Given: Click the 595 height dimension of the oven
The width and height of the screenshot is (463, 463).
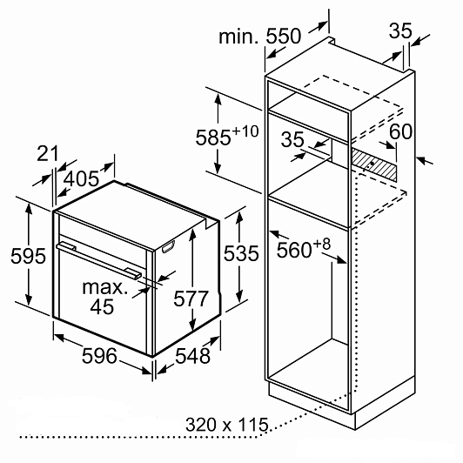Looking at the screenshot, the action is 29,256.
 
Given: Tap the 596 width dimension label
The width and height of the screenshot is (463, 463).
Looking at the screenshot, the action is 99,355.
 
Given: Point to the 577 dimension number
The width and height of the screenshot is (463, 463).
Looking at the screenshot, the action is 191,299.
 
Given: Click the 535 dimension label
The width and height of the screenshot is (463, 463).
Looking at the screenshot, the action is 241,253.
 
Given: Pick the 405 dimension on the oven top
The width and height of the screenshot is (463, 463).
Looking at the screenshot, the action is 81,178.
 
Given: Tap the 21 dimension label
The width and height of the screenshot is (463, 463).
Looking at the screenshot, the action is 47,153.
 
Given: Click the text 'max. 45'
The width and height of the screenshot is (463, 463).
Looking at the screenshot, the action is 104,297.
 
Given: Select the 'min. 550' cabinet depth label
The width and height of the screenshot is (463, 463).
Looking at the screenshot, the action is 260,37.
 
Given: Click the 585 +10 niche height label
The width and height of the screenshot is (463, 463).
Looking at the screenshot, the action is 227,136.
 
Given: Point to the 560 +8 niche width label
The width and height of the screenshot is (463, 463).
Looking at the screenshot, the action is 304,249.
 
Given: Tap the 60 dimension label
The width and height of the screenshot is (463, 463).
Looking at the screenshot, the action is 400,131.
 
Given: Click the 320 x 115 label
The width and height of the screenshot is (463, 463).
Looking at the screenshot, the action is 227,425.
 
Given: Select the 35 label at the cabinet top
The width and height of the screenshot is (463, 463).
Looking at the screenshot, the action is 400,30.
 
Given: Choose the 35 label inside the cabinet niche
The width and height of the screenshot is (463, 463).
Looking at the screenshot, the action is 292,139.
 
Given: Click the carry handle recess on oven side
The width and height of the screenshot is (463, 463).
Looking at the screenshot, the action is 168,247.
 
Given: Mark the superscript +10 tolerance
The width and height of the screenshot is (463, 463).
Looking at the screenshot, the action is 245,131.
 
